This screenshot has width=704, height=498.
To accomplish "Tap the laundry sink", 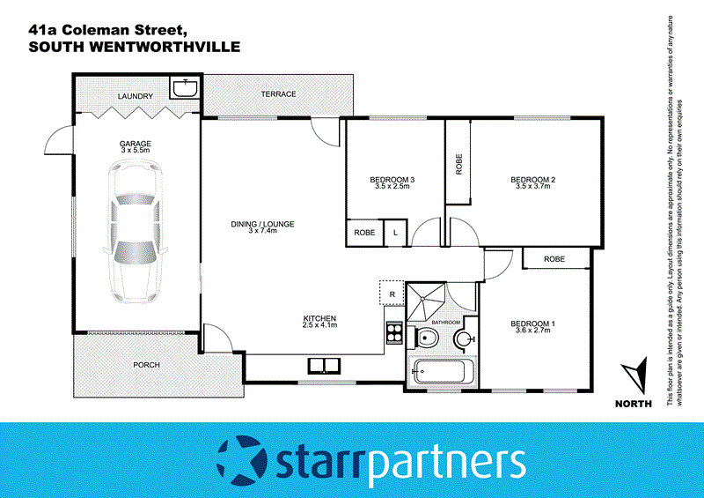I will coord(185,89).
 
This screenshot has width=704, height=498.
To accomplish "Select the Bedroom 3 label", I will coord(392,182).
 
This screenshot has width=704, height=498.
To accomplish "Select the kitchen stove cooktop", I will coord(394,335).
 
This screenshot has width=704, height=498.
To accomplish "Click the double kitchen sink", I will coord(323,365).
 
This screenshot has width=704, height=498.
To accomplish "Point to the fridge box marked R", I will coord(391,293).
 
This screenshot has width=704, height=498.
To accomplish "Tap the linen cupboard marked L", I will coord(395,233).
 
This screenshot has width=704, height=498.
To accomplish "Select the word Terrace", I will coord(278,94).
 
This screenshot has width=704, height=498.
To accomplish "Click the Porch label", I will coord(145,364).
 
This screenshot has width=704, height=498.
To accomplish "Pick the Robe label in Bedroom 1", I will coord(554,258).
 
